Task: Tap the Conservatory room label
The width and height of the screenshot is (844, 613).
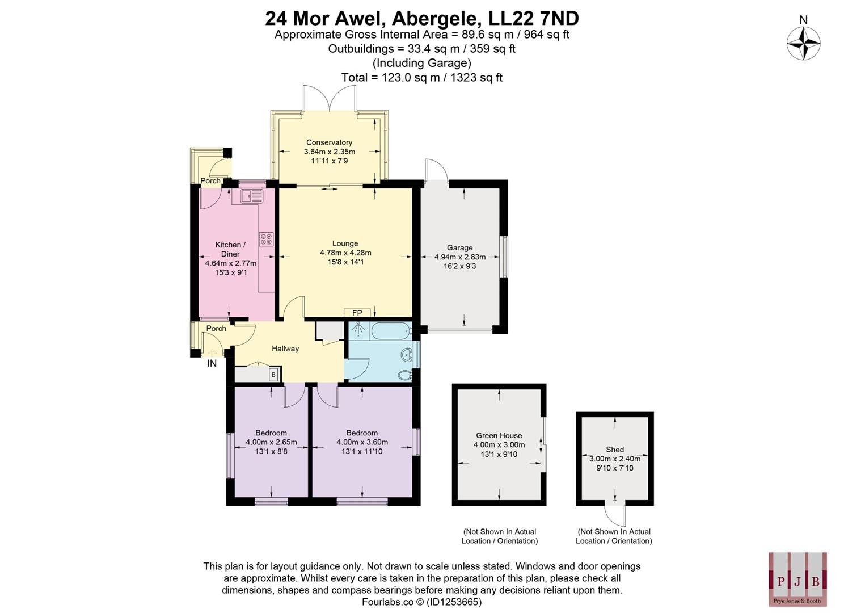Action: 329,142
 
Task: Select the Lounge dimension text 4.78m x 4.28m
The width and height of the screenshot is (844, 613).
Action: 345,253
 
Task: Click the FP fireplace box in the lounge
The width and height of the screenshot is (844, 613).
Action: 357,313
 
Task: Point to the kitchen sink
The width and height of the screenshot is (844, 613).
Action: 252,196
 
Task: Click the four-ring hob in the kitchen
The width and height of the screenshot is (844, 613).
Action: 266,240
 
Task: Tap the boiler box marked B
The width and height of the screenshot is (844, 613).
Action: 273,375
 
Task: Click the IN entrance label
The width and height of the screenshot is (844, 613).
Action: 212,364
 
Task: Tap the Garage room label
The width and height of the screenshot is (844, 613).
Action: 459,247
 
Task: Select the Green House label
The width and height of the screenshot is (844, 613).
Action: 499,435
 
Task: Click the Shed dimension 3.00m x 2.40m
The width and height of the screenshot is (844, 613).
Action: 614,459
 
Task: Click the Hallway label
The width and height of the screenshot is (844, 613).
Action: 285,349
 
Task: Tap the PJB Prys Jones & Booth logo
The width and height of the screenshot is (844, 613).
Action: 797,579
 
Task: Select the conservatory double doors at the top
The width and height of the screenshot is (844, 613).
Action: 330,99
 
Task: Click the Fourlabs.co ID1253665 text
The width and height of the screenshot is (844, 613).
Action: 421,602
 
